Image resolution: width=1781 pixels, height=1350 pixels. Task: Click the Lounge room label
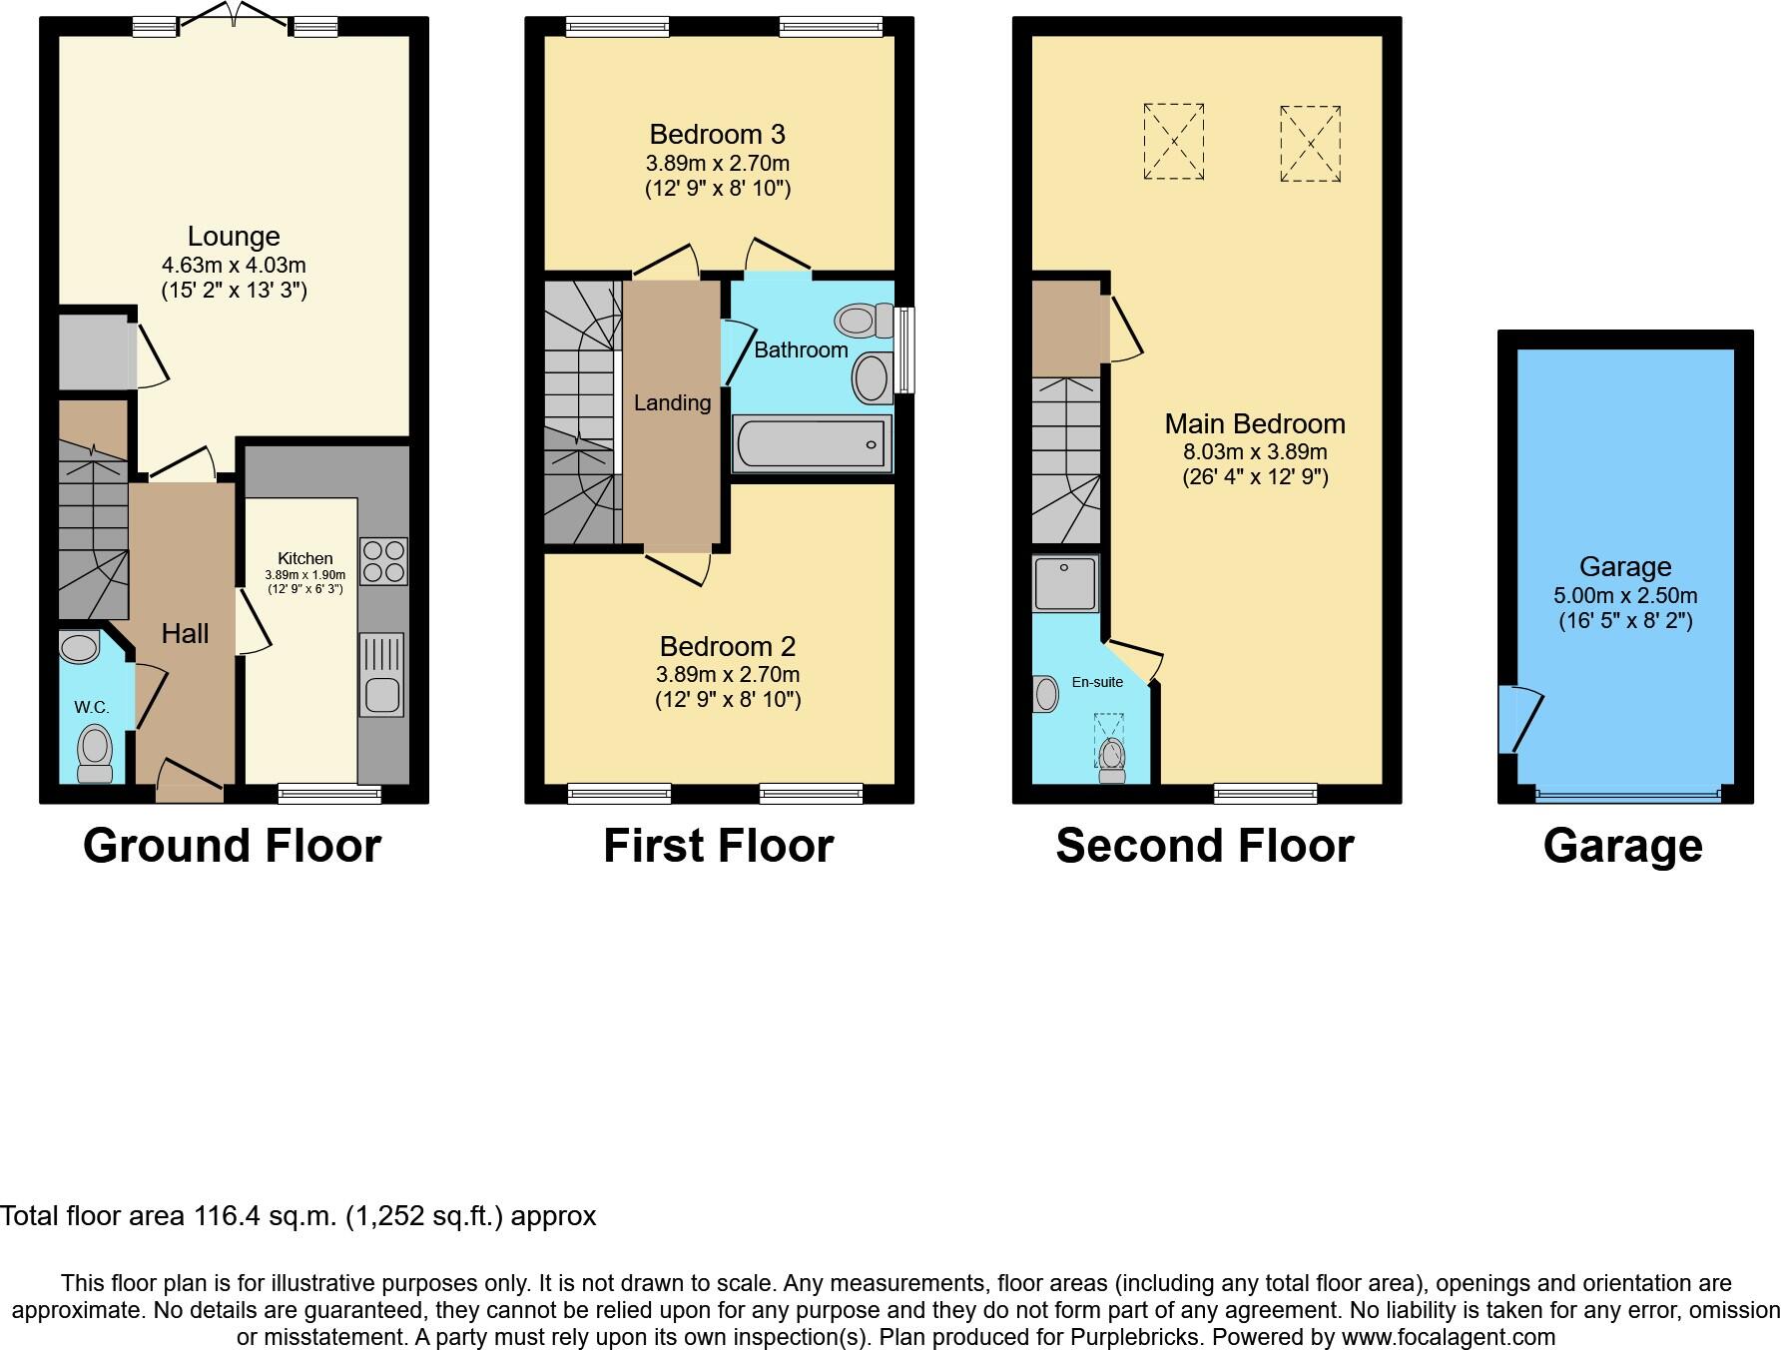point(234,237)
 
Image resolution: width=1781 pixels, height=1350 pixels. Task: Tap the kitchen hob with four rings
point(383,561)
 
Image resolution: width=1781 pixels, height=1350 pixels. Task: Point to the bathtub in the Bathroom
point(812,444)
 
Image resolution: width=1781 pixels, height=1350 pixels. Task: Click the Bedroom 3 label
point(717,134)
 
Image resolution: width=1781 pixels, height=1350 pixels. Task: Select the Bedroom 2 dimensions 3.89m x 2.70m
point(728,675)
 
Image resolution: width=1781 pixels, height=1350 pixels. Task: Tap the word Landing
point(673,402)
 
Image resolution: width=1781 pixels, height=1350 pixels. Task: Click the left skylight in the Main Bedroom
point(1174,142)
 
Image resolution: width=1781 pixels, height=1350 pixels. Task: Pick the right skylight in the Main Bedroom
point(1310,143)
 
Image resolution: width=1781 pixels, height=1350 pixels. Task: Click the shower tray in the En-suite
point(1065,584)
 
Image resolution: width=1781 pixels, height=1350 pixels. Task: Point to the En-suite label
point(1097,682)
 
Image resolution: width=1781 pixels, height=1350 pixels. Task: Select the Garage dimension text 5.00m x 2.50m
point(1625,595)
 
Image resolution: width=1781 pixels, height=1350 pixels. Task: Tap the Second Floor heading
point(1204,846)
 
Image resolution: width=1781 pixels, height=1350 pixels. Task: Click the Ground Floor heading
point(232,846)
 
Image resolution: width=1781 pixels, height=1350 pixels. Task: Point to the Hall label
point(186,633)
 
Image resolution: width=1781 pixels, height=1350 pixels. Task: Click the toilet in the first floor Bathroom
point(865,321)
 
